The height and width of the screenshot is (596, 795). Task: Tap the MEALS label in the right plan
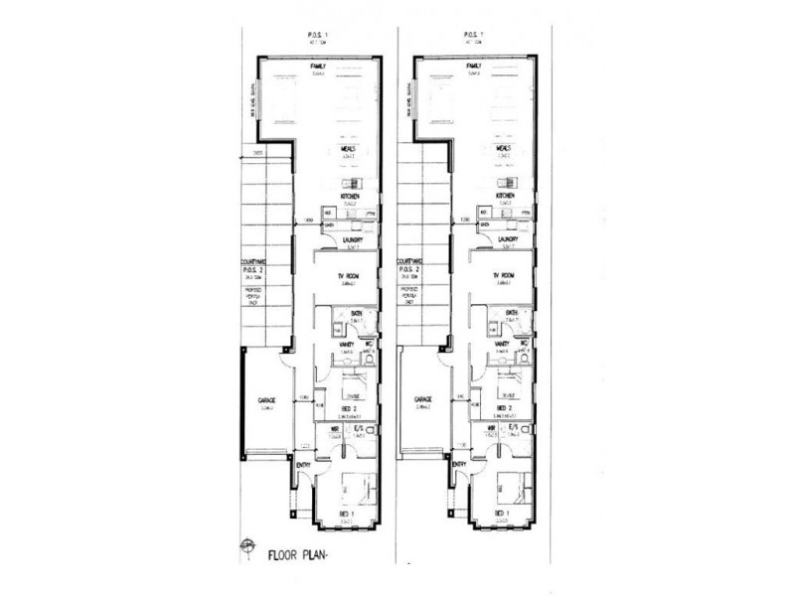pos(504,147)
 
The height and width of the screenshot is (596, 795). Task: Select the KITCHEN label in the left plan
pos(349,197)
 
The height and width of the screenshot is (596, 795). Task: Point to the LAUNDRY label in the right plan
pos(505,238)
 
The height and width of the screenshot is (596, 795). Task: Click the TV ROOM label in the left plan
pos(348,275)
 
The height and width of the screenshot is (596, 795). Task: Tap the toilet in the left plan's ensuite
pos(369,444)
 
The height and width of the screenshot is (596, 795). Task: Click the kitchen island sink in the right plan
pos(507,184)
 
